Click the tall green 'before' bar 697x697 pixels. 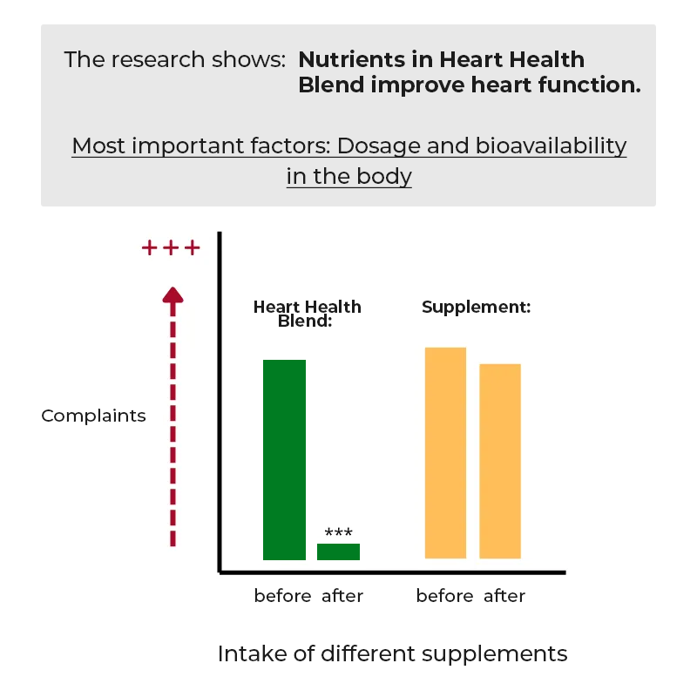[284, 459]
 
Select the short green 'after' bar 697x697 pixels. [338, 552]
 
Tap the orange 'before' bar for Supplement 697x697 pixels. [445, 452]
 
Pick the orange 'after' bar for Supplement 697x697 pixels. [500, 461]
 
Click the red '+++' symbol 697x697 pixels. [171, 248]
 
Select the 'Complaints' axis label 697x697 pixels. [93, 416]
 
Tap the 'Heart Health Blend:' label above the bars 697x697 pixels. [307, 314]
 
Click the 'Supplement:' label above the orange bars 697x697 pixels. [477, 308]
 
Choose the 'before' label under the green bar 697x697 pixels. [282, 596]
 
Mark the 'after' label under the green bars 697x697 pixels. [342, 596]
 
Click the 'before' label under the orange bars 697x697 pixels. [444, 596]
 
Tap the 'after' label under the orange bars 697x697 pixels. [504, 596]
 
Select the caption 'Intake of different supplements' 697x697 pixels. [392, 653]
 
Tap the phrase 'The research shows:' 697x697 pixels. [175, 60]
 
